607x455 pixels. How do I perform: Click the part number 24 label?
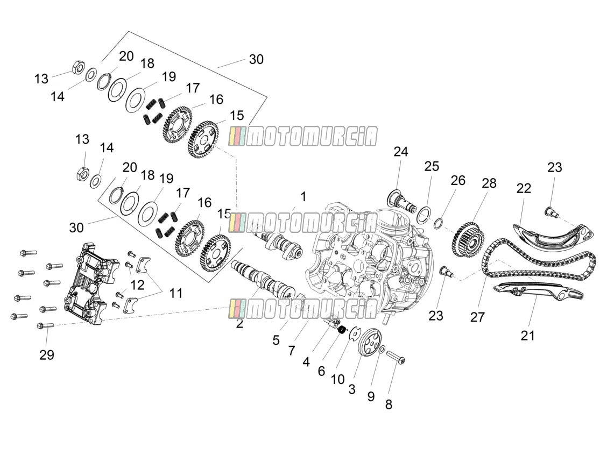[401, 151]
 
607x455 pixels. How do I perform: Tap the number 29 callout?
[47, 355]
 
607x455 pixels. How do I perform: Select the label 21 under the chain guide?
[528, 336]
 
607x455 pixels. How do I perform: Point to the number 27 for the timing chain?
[477, 317]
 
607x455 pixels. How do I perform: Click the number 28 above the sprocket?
[489, 183]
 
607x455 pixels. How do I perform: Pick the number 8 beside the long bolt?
[389, 404]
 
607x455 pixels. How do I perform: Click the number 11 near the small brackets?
[176, 293]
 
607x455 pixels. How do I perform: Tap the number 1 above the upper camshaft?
[303, 196]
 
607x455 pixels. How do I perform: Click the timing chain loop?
[538, 264]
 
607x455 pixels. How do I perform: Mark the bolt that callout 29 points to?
[45, 326]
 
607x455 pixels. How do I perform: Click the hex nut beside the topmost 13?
[79, 67]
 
